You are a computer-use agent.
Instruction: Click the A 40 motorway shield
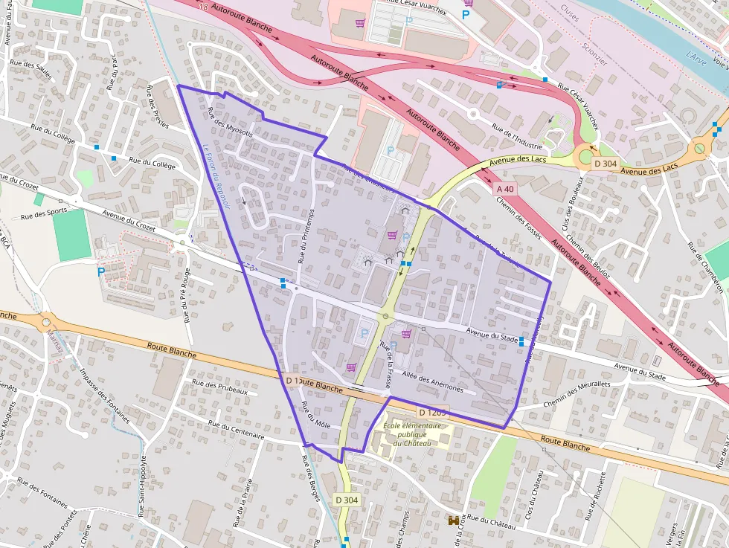504,190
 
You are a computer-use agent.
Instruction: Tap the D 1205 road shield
431,412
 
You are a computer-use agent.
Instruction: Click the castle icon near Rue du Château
452,522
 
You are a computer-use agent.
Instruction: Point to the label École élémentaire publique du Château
412,434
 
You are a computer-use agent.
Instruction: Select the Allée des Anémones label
431,382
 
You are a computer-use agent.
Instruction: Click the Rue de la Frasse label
386,365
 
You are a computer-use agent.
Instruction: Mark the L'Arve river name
698,57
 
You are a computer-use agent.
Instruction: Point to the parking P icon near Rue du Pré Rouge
101,272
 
